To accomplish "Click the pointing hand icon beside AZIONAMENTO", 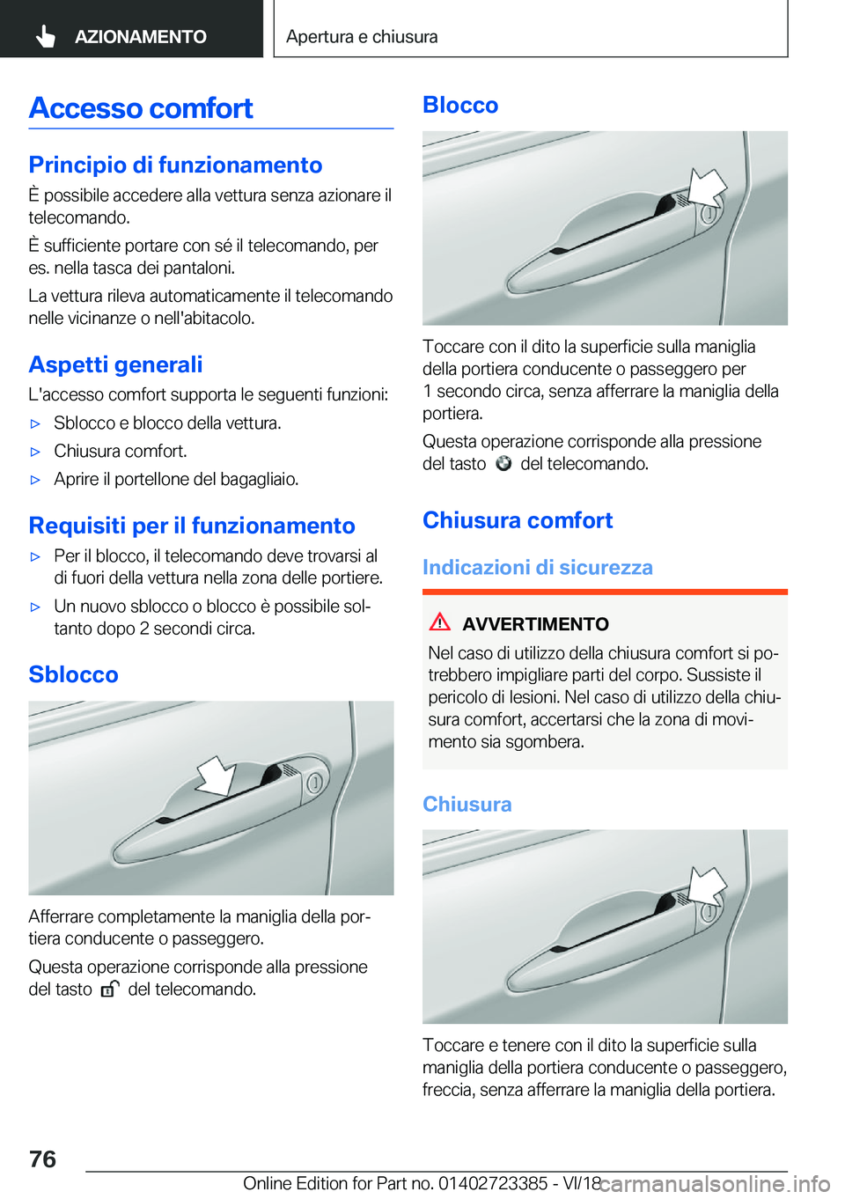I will tap(46, 36).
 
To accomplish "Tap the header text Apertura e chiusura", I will tap(362, 37).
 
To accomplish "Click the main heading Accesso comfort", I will tap(141, 108).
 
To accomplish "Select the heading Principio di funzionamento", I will tap(175, 165).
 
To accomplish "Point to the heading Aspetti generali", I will tap(115, 364).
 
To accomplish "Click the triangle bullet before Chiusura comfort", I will tap(36, 452).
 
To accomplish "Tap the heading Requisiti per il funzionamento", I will tap(192, 526).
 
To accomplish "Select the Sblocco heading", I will tap(73, 674).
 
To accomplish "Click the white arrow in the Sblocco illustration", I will tap(215, 776).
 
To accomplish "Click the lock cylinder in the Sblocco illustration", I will tap(313, 783).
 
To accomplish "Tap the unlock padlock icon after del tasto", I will tap(109, 989).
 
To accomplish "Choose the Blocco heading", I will tap(460, 105).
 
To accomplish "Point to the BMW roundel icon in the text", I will tap(503, 464).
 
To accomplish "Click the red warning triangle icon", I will tap(439, 622).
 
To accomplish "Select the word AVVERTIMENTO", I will tap(535, 624).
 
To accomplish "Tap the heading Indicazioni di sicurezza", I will tap(537, 567).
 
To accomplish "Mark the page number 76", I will tap(42, 1159).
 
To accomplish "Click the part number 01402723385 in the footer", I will tap(492, 1183).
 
